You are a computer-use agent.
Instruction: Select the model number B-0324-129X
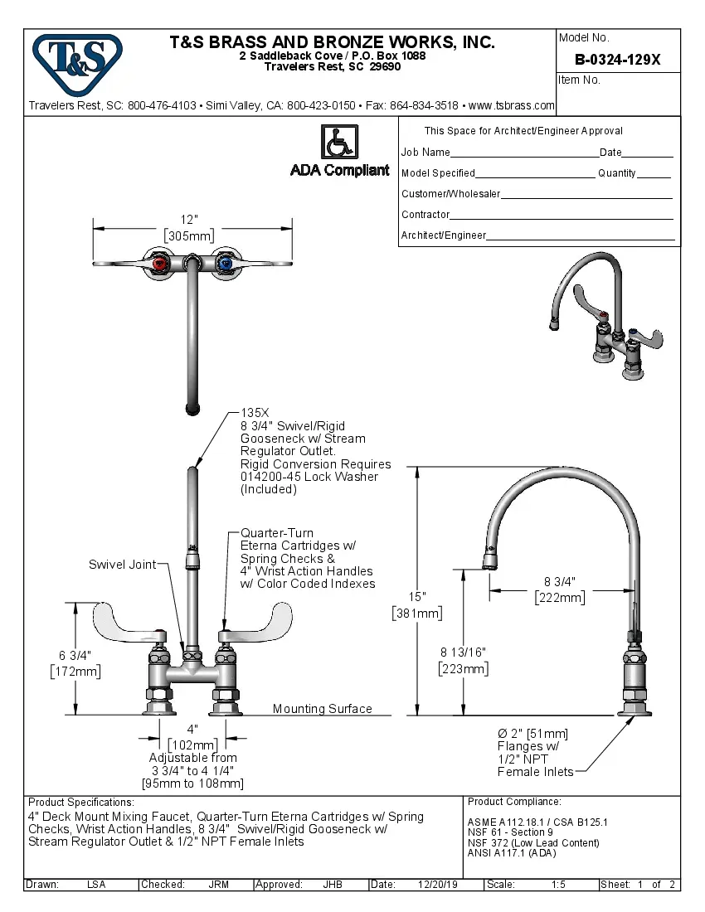618,60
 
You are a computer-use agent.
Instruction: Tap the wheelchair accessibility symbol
338,143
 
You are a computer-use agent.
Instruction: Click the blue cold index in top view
223,264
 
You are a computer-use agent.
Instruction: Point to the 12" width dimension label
190,220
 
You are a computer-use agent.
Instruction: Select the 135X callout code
256,412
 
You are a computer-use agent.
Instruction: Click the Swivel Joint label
122,565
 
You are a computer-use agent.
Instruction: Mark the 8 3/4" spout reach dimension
559,581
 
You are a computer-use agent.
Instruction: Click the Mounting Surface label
322,709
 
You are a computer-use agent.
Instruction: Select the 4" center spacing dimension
192,729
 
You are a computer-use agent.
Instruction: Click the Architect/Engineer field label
444,235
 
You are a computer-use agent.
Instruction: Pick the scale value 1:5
558,885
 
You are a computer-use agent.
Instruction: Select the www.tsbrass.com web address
511,106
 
